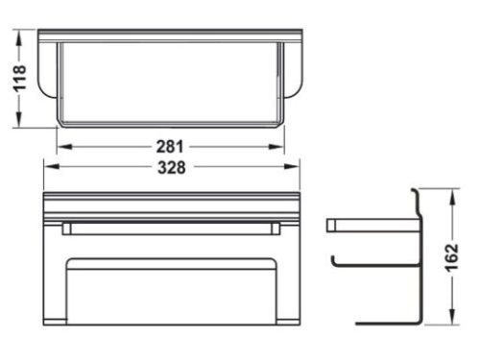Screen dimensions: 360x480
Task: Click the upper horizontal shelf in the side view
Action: point(370,226)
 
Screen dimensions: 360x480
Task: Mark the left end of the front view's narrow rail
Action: point(65,228)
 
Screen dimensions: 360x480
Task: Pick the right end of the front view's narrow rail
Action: point(276,228)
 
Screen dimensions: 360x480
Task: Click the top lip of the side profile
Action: point(415,191)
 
